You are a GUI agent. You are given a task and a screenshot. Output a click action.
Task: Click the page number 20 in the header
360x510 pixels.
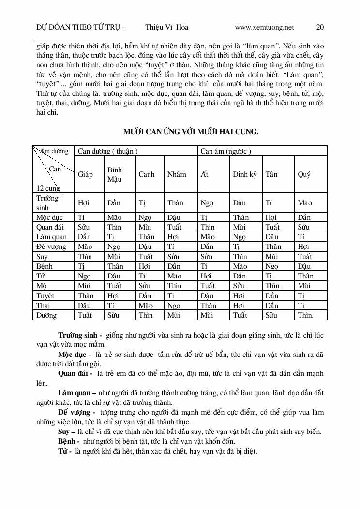[x=320, y=28]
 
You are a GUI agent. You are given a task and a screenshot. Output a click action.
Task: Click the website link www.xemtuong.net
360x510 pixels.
[x=264, y=28]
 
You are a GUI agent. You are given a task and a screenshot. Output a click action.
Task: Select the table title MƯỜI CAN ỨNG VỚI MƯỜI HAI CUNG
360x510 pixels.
[x=191, y=132]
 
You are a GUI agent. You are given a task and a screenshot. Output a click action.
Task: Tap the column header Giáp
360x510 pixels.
[x=85, y=174]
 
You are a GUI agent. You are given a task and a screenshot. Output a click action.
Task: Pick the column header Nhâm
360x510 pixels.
[x=176, y=174]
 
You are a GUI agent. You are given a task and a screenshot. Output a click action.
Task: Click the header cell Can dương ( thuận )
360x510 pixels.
[x=108, y=151]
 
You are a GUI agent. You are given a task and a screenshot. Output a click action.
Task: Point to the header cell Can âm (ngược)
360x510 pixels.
[x=225, y=151]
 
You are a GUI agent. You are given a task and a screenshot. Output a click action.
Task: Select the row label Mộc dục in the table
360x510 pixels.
[x=49, y=217]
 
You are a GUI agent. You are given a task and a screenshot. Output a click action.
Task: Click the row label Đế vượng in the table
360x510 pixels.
[x=52, y=247]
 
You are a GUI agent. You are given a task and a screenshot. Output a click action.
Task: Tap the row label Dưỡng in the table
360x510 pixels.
[x=46, y=315]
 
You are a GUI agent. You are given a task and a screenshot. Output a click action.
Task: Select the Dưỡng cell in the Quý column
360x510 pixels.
[x=305, y=315]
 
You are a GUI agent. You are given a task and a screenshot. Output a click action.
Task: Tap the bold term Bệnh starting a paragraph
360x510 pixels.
[x=68, y=441]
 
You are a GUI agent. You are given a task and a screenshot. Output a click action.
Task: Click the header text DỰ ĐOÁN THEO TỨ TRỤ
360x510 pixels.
[x=76, y=28]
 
